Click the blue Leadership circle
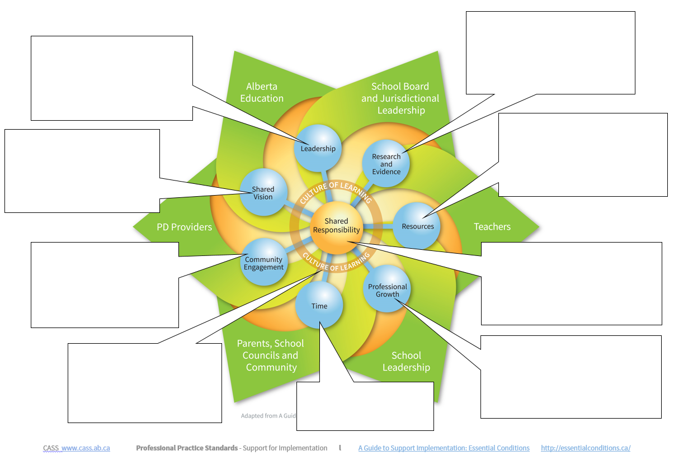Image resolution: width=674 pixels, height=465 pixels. pyautogui.click(x=318, y=148)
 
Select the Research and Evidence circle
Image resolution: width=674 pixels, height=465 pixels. pyautogui.click(x=386, y=164)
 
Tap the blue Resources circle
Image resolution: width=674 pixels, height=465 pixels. pyautogui.click(x=417, y=226)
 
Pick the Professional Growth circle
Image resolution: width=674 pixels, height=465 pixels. pyautogui.click(x=387, y=290)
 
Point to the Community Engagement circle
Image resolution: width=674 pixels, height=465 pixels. pyautogui.click(x=263, y=263)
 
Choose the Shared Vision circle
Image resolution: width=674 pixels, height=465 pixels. pyautogui.click(x=263, y=193)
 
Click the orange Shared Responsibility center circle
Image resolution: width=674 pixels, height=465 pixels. pyautogui.click(x=336, y=226)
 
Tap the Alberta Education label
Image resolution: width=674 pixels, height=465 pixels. pyautogui.click(x=262, y=92)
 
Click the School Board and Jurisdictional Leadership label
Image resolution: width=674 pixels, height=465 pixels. pyautogui.click(x=400, y=98)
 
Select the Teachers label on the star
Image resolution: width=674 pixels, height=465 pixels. pyautogui.click(x=492, y=226)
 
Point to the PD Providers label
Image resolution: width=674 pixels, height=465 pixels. pyautogui.click(x=185, y=227)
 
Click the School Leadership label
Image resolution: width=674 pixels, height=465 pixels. pyautogui.click(x=406, y=361)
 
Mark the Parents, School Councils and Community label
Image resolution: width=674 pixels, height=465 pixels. pyautogui.click(x=271, y=355)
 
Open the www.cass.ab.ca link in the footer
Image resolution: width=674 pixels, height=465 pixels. pyautogui.click(x=85, y=448)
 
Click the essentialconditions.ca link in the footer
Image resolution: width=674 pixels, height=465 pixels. pyautogui.click(x=586, y=448)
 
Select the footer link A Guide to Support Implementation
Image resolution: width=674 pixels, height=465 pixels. pyautogui.click(x=444, y=448)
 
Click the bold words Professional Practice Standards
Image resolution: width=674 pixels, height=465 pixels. pyautogui.click(x=187, y=448)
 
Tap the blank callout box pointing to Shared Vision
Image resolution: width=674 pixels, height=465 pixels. pyautogui.click(x=82, y=170)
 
